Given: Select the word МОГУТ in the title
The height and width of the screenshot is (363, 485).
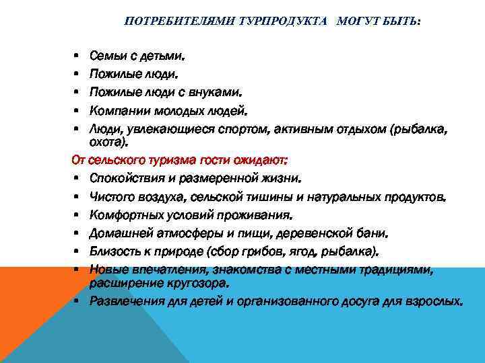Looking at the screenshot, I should click(x=344, y=22).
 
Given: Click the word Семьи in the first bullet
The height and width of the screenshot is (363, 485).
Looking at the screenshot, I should click(x=107, y=53).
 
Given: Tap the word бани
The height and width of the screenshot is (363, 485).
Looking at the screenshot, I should click(x=374, y=234).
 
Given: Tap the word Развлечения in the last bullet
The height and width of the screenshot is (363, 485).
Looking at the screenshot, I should click(x=125, y=301).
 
